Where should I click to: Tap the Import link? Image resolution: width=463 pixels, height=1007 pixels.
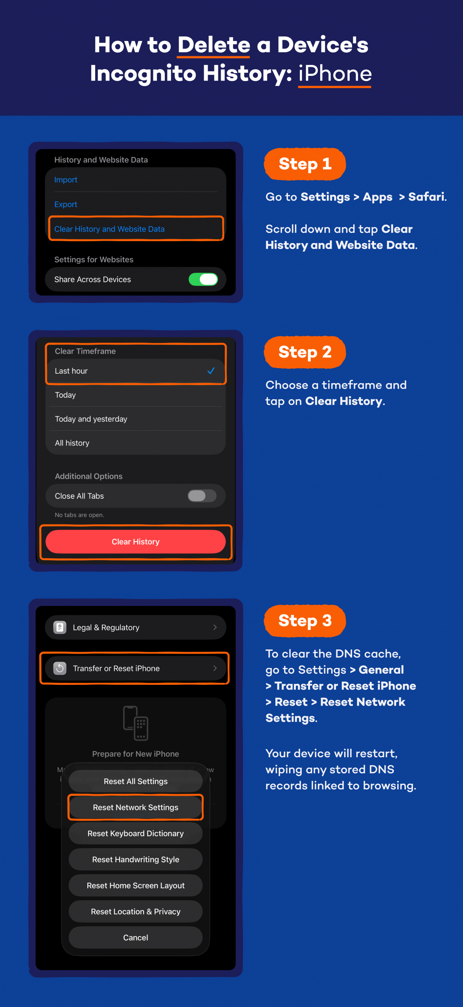(66, 180)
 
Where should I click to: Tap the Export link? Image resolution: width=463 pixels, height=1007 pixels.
(66, 205)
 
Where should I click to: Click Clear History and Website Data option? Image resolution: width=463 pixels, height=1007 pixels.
(109, 229)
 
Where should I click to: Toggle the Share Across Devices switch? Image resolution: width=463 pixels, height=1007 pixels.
(203, 279)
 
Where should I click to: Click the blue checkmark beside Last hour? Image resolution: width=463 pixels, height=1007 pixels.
(211, 371)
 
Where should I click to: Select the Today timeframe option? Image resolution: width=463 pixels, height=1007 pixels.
(65, 395)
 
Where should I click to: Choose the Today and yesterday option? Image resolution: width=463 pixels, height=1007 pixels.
(91, 419)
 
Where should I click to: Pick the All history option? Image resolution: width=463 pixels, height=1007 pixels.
(72, 443)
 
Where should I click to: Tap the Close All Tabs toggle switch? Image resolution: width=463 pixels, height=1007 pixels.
(202, 496)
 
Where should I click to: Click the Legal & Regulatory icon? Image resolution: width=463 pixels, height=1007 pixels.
(60, 627)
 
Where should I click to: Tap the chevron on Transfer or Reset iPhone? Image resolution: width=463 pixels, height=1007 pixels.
(215, 668)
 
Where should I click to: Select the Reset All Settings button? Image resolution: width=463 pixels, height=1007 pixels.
(136, 781)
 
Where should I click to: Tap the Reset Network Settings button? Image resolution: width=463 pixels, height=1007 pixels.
(136, 807)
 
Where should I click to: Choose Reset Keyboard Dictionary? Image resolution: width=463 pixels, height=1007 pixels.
(136, 834)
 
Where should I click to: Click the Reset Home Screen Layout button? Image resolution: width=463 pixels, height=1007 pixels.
(136, 885)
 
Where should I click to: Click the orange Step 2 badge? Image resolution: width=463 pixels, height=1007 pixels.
(305, 352)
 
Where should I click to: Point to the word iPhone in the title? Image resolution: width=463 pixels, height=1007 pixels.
(335, 74)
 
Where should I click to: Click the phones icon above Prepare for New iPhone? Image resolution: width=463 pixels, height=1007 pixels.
(136, 723)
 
